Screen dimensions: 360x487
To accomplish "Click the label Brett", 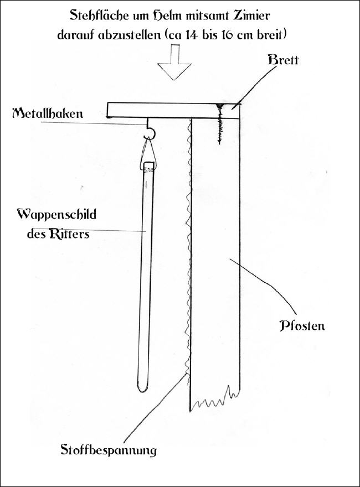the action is click(283, 59).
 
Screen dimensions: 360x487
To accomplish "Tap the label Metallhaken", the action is click(48, 113).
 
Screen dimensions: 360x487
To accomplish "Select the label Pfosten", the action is click(302, 325).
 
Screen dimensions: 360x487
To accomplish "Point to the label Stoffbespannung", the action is click(109, 450).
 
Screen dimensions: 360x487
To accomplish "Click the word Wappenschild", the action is click(56, 215).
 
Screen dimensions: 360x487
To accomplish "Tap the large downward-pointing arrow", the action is click(174, 62).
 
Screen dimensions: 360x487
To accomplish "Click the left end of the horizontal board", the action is click(107, 111).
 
